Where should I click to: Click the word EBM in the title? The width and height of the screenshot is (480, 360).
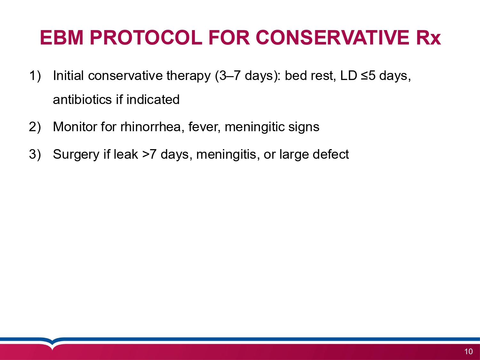pyautogui.click(x=62, y=37)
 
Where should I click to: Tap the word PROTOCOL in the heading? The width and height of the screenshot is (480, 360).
pyautogui.click(x=146, y=37)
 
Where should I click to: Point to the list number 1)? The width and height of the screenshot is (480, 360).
pyautogui.click(x=35, y=76)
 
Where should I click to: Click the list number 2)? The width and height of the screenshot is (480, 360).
pyautogui.click(x=35, y=127)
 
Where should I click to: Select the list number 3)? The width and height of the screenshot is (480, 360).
pyautogui.click(x=35, y=154)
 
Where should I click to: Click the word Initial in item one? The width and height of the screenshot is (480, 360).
pyautogui.click(x=68, y=76)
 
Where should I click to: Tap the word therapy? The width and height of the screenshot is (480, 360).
pyautogui.click(x=188, y=76)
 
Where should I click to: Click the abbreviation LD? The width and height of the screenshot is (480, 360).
pyautogui.click(x=349, y=76)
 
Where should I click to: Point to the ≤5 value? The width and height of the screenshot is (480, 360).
pyautogui.click(x=368, y=76)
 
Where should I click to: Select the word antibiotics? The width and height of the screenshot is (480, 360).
pyautogui.click(x=82, y=100)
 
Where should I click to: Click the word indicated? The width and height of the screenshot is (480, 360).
pyautogui.click(x=153, y=100)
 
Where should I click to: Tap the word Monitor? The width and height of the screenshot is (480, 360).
pyautogui.click(x=75, y=127)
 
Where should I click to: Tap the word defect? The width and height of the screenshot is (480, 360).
pyautogui.click(x=331, y=154)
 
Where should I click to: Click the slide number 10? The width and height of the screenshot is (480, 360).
pyautogui.click(x=468, y=352)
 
